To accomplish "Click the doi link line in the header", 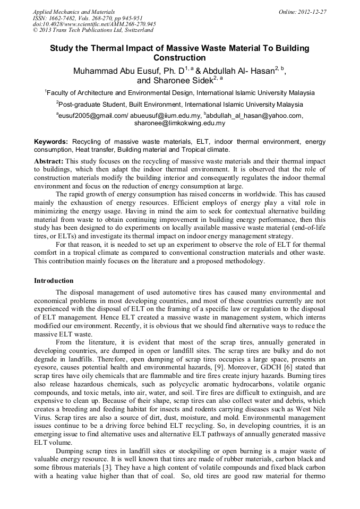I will click(94, 24).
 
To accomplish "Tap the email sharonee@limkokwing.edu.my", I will click(179, 123).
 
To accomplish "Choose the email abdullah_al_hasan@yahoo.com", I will click(255, 115).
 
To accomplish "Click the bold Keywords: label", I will click(51, 142).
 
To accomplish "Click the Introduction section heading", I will click(54, 280).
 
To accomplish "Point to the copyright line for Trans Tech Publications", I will click(93, 30).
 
